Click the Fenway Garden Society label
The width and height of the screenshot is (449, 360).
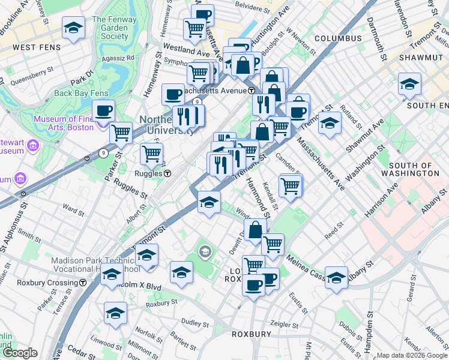coord(110,28)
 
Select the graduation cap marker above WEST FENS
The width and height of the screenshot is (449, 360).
coord(74,29)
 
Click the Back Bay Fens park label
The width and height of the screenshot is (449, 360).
coord(79,93)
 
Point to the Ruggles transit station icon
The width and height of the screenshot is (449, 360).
coord(168,173)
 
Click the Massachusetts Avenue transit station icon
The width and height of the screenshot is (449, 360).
coord(252,91)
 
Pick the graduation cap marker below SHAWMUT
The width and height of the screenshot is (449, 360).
coord(409,84)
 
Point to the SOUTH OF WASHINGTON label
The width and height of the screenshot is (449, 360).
coord(414,169)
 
